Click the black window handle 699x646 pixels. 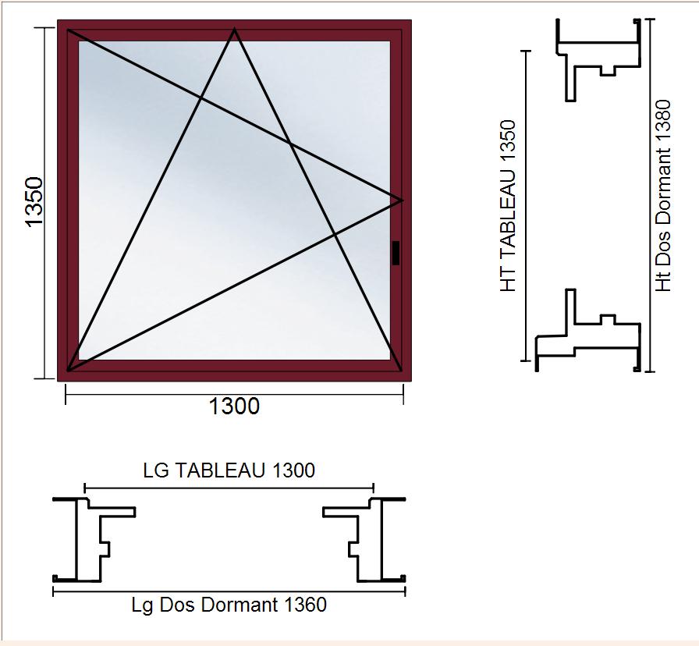396,253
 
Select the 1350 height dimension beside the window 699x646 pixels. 34,202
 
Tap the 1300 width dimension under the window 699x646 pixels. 234,406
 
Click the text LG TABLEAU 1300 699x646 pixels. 229,470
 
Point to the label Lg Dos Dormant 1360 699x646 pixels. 229,605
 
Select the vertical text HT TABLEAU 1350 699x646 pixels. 508,206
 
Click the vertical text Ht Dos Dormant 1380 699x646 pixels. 663,196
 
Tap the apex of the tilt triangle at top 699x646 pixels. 235,30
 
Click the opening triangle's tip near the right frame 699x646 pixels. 402,201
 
